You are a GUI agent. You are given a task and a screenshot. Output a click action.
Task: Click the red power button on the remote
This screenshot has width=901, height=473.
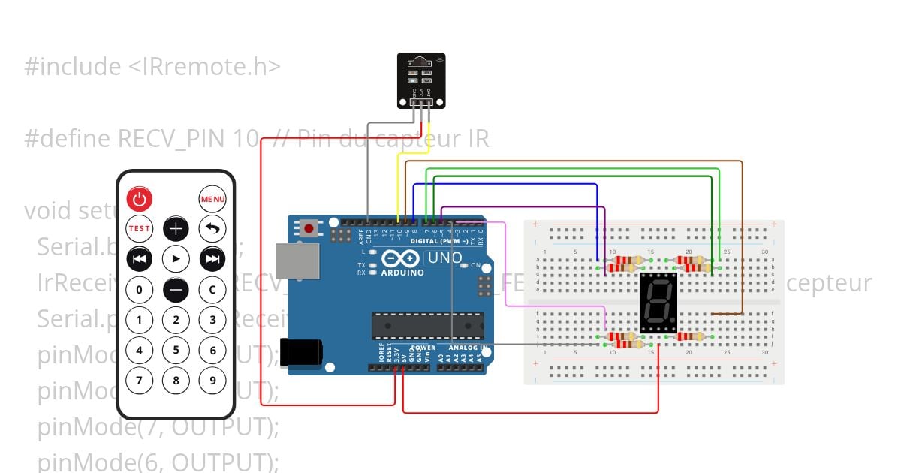coord(139,199)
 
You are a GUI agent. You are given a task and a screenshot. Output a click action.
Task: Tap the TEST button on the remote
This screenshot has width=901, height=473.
coord(139,228)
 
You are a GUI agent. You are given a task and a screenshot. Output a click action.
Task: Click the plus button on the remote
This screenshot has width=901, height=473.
coord(176,228)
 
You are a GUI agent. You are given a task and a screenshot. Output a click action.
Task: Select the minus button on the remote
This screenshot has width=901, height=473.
coord(176,289)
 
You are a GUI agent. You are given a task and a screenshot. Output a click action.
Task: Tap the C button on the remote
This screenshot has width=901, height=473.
coord(212,289)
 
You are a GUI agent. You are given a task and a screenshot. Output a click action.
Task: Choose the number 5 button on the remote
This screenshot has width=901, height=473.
coord(176,349)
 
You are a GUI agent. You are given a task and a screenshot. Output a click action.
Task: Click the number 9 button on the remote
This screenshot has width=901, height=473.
coord(212,380)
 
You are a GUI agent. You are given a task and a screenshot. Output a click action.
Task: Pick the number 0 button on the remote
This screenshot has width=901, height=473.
coord(139,289)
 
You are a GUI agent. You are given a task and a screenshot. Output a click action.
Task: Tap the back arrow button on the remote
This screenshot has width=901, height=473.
coord(212,228)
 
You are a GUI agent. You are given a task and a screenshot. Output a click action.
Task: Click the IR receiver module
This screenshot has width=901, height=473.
coord(421,80)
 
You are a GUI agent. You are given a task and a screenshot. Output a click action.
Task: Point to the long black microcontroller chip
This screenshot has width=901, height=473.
coord(427,326)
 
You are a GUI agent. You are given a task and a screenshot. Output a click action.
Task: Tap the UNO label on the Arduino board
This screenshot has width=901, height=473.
coord(444,258)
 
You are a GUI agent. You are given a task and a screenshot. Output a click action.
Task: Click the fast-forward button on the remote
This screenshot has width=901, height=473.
coord(212,259)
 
